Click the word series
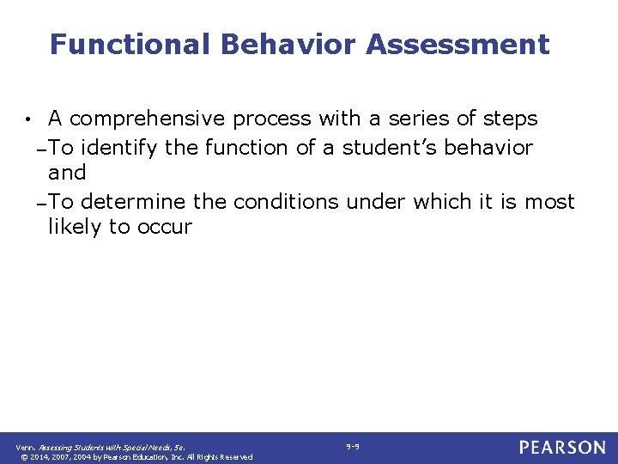pyautogui.click(x=414, y=119)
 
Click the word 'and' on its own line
pyautogui.click(x=67, y=173)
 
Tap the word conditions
pyautogui.click(x=287, y=202)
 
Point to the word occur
pyautogui.click(x=168, y=228)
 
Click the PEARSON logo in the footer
pyautogui.click(x=562, y=447)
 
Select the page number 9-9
pyautogui.click(x=353, y=446)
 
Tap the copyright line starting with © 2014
pyautogui.click(x=135, y=456)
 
